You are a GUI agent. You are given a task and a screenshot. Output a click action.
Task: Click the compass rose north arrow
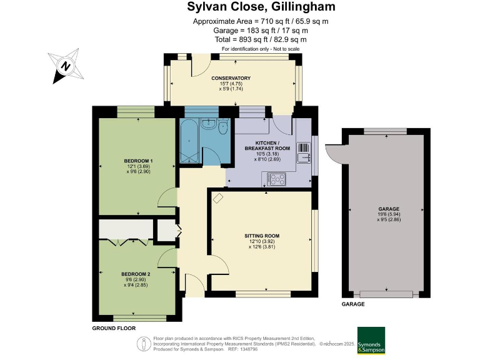pos(65,65)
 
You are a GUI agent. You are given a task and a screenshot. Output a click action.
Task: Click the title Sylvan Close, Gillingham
pos(261,7)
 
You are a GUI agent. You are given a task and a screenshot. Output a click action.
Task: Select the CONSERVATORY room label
pos(231,78)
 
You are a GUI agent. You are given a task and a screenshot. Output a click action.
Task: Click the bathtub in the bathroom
pos(188,141)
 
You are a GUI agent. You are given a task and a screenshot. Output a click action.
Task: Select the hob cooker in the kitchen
pos(277,179)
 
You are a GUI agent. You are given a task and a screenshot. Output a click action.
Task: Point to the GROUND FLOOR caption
pos(114,328)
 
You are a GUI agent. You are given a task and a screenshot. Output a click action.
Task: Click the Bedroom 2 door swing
pos(167,256)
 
